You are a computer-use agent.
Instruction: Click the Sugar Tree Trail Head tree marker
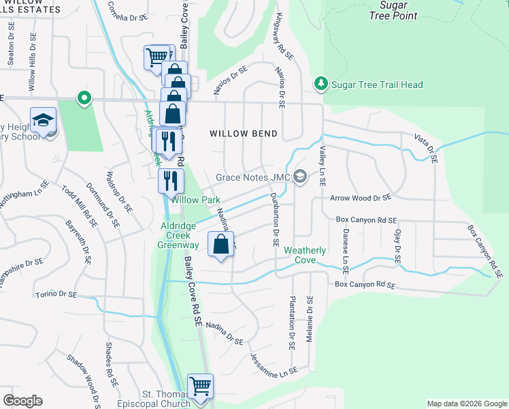tap(321, 85)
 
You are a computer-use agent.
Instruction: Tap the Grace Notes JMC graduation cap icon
tap(299, 177)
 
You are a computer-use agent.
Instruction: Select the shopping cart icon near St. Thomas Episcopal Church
tap(200, 387)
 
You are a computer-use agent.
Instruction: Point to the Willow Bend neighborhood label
tap(244, 134)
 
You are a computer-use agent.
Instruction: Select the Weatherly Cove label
tap(304, 255)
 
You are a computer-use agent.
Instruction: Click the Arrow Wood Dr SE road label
tap(361, 198)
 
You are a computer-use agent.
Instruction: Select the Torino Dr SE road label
tap(56, 295)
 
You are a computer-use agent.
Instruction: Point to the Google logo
tap(22, 400)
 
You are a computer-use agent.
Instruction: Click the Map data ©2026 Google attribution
tap(466, 404)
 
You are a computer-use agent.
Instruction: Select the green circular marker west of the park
tap(84, 98)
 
